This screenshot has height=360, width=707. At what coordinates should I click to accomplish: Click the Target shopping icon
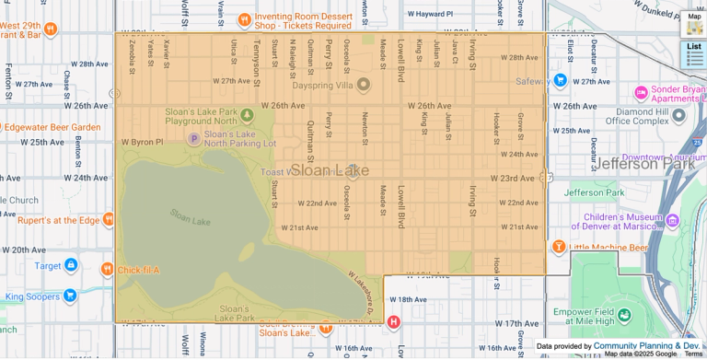click(71, 265)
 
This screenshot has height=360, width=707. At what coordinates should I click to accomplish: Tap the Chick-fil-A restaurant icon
click(107, 270)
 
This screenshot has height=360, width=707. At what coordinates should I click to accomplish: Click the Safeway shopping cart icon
click(560, 80)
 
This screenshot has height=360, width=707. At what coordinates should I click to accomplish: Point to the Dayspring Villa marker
click(363, 85)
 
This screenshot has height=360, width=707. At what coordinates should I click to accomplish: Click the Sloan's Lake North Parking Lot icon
click(193, 139)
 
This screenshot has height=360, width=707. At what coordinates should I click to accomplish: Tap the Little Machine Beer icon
click(558, 247)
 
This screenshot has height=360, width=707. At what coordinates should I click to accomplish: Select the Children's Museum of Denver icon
click(671, 221)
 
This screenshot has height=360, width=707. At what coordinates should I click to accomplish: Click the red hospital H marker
click(394, 322)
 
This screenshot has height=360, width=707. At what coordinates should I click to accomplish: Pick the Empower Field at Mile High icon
click(624, 316)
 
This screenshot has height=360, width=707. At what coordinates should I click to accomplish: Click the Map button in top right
click(694, 23)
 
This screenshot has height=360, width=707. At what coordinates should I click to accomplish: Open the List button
click(694, 53)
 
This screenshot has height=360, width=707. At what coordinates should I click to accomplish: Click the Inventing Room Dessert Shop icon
click(244, 19)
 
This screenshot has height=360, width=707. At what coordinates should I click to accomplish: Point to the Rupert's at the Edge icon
click(109, 220)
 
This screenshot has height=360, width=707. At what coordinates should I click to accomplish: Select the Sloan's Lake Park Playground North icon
click(247, 116)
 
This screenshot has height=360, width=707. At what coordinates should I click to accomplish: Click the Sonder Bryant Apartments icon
click(641, 93)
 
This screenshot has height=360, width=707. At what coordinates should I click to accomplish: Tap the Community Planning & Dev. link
click(646, 346)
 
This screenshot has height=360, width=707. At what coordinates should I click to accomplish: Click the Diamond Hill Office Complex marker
click(678, 115)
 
